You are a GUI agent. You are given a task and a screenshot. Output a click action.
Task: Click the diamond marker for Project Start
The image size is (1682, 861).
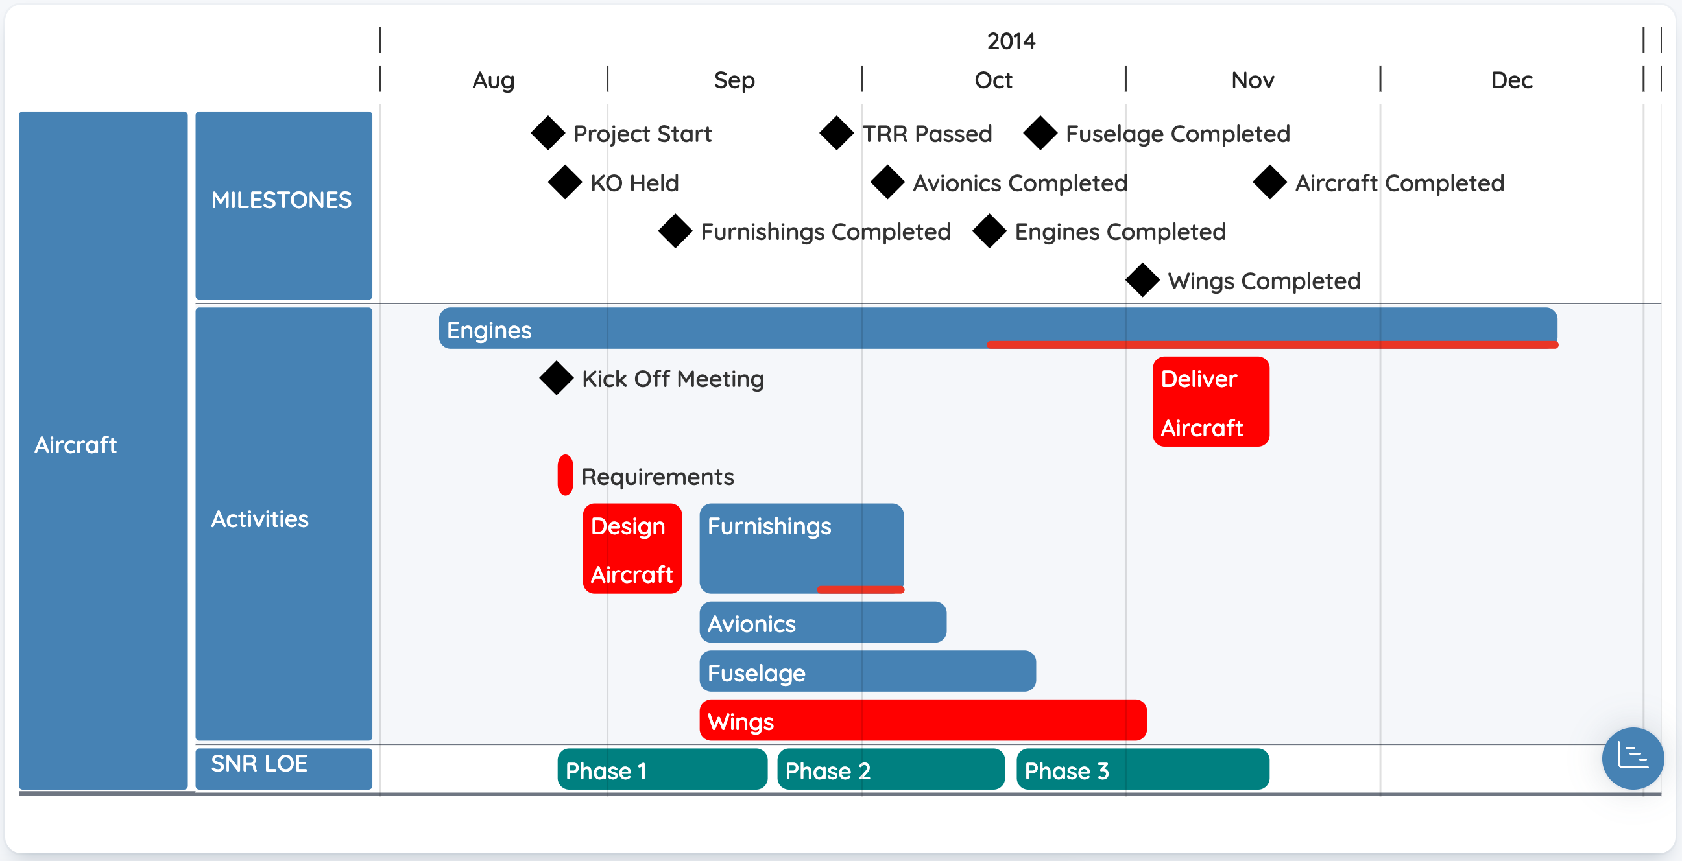(x=548, y=133)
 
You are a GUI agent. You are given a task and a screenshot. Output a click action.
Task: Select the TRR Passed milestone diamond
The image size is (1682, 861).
(x=836, y=133)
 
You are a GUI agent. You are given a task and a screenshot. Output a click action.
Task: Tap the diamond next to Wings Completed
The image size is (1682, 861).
(x=1143, y=280)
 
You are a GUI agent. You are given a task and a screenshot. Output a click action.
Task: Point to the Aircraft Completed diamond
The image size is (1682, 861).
(x=1270, y=182)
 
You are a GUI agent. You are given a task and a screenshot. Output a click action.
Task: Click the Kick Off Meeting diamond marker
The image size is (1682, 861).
(x=557, y=378)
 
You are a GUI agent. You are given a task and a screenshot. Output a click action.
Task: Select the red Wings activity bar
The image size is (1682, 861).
(x=922, y=720)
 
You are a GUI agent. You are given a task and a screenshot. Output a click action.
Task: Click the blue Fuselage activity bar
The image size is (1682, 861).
(x=867, y=671)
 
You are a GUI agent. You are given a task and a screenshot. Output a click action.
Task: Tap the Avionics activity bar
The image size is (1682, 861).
(x=823, y=622)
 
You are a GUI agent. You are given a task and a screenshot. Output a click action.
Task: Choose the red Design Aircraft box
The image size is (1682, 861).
(x=632, y=548)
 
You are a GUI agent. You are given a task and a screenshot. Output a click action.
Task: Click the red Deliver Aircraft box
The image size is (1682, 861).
(x=1210, y=401)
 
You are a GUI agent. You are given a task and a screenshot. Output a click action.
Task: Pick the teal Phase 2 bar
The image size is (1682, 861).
(x=891, y=769)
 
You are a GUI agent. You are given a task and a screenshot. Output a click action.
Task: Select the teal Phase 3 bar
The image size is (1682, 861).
(x=1143, y=769)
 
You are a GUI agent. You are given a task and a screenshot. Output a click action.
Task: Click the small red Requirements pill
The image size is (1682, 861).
(x=566, y=475)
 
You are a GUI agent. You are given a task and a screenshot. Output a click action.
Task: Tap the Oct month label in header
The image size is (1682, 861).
(x=993, y=80)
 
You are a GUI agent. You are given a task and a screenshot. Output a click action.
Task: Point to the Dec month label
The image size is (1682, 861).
(x=1511, y=80)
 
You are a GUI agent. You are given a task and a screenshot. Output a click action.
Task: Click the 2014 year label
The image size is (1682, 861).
(x=1011, y=41)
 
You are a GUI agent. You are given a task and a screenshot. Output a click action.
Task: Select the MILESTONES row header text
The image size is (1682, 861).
(x=282, y=200)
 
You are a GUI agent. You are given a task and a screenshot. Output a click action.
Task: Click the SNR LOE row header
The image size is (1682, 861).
(x=284, y=768)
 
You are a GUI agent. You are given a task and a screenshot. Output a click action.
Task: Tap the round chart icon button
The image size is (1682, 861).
(x=1632, y=758)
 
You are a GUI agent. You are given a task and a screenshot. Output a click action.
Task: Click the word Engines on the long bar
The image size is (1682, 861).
(x=489, y=329)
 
